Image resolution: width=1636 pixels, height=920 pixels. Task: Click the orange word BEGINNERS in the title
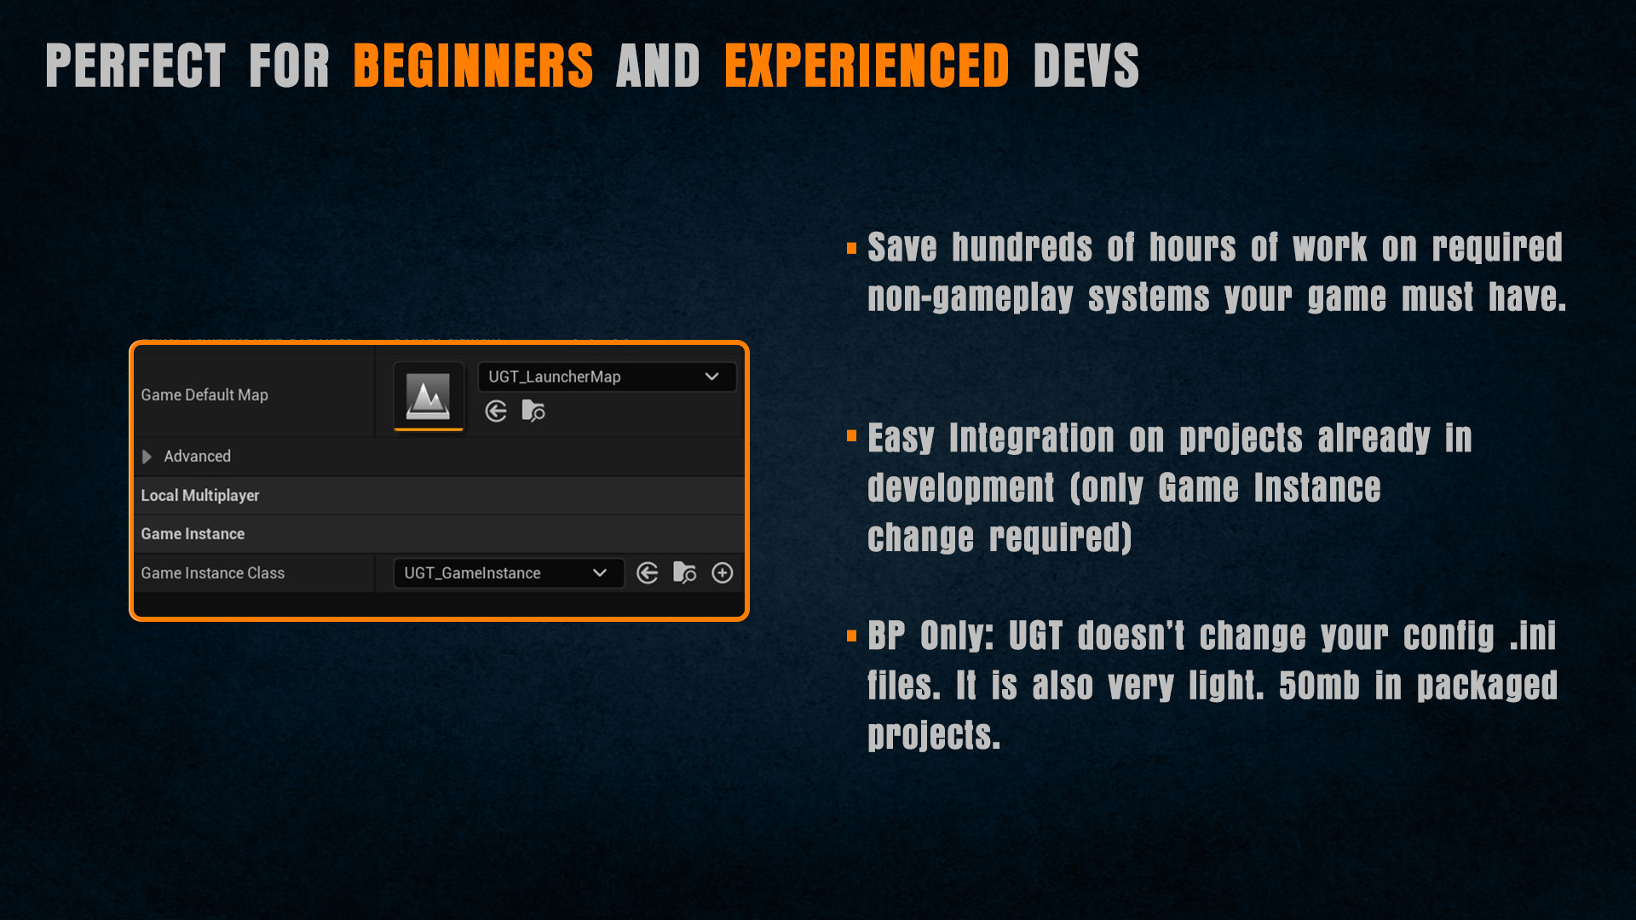tap(473, 66)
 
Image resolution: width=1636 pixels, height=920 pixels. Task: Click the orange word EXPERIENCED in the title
tap(867, 66)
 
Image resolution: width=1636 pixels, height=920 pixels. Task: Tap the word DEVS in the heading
tap(1086, 66)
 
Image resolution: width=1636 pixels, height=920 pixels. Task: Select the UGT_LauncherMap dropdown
tap(607, 377)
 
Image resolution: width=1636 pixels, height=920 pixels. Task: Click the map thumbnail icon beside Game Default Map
tap(428, 396)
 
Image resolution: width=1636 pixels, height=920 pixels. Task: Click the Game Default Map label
tap(204, 395)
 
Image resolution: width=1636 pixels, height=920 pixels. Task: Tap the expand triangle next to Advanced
tap(147, 457)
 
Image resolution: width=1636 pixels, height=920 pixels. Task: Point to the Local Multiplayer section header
tap(200, 495)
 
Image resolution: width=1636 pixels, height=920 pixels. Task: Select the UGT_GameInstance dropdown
tap(509, 573)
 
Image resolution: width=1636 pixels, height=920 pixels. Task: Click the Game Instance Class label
tap(213, 573)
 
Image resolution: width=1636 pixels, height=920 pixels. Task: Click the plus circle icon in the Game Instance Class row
tap(723, 573)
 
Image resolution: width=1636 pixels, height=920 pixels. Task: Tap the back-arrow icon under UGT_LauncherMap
tap(496, 411)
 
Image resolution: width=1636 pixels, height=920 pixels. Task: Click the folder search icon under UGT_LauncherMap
tap(533, 411)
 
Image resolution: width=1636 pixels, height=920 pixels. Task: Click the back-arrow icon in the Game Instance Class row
tap(648, 573)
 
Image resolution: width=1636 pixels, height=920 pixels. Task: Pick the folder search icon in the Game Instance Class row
tap(685, 573)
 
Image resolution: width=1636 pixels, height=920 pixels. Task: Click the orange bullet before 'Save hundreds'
tap(851, 249)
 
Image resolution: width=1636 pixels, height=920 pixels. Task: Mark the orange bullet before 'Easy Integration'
tap(851, 436)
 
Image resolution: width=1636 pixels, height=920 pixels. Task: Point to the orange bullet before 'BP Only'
tap(851, 636)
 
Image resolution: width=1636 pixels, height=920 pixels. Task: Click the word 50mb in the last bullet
tap(1319, 686)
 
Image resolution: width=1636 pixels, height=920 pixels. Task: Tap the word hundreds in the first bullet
tap(1022, 248)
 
